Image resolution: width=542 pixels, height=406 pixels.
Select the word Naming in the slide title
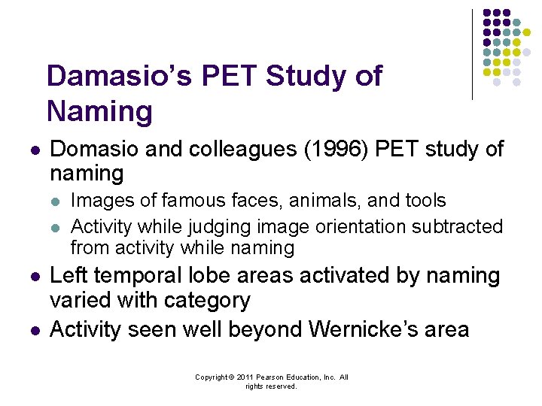pos(99,111)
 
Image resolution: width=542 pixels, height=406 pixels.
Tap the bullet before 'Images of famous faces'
pos(56,201)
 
